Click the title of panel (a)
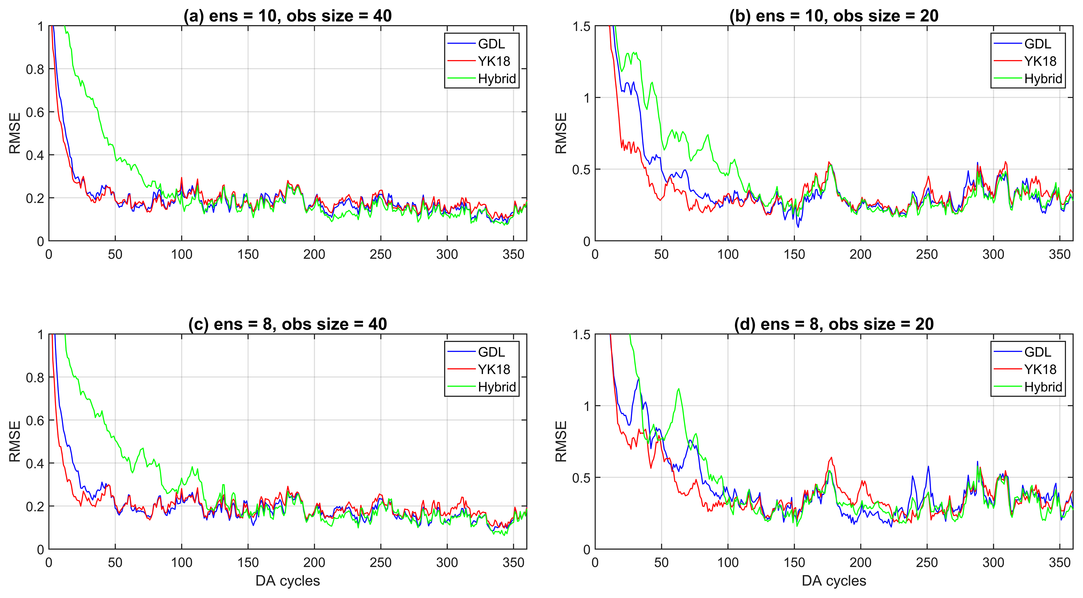click(x=288, y=16)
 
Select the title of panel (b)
click(x=834, y=16)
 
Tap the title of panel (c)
click(x=288, y=324)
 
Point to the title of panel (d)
click(x=834, y=324)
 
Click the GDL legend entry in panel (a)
click(x=491, y=44)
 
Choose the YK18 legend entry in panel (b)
click(x=1040, y=61)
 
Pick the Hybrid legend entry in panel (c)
click(x=497, y=387)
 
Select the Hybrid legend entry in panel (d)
click(x=1043, y=387)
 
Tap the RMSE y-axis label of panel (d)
click(x=561, y=442)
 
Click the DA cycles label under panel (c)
click(x=288, y=581)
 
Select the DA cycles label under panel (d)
click(x=834, y=581)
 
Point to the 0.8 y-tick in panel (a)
click(x=35, y=69)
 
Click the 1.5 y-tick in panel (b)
click(x=582, y=27)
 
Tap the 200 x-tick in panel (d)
click(x=860, y=563)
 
